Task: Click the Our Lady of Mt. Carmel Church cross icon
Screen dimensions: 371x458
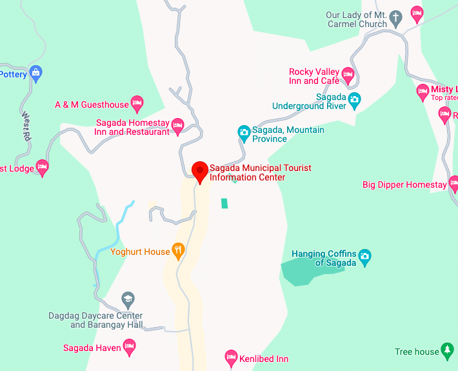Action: [397, 15]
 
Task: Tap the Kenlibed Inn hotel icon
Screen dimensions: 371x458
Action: [231, 357]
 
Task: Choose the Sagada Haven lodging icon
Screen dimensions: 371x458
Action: [130, 348]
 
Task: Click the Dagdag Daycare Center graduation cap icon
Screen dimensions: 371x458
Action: [128, 299]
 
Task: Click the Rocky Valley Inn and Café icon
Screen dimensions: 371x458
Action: [348, 75]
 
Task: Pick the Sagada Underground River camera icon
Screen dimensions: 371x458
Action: [354, 100]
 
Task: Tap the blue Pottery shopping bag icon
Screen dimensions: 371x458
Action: [36, 73]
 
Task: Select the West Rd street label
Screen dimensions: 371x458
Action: [26, 126]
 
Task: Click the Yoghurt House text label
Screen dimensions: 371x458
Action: [140, 252]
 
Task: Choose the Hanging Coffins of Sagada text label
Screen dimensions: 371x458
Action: [324, 258]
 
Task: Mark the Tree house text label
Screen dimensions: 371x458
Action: [417, 352]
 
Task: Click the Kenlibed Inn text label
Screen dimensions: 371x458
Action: [265, 359]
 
